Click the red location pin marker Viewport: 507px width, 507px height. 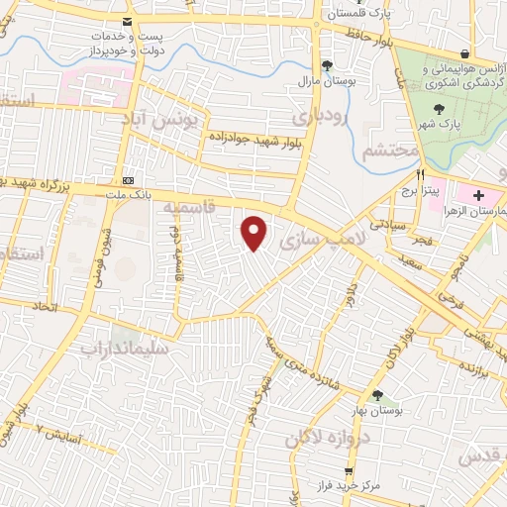click(255, 233)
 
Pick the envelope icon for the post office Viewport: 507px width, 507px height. click(126, 22)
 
